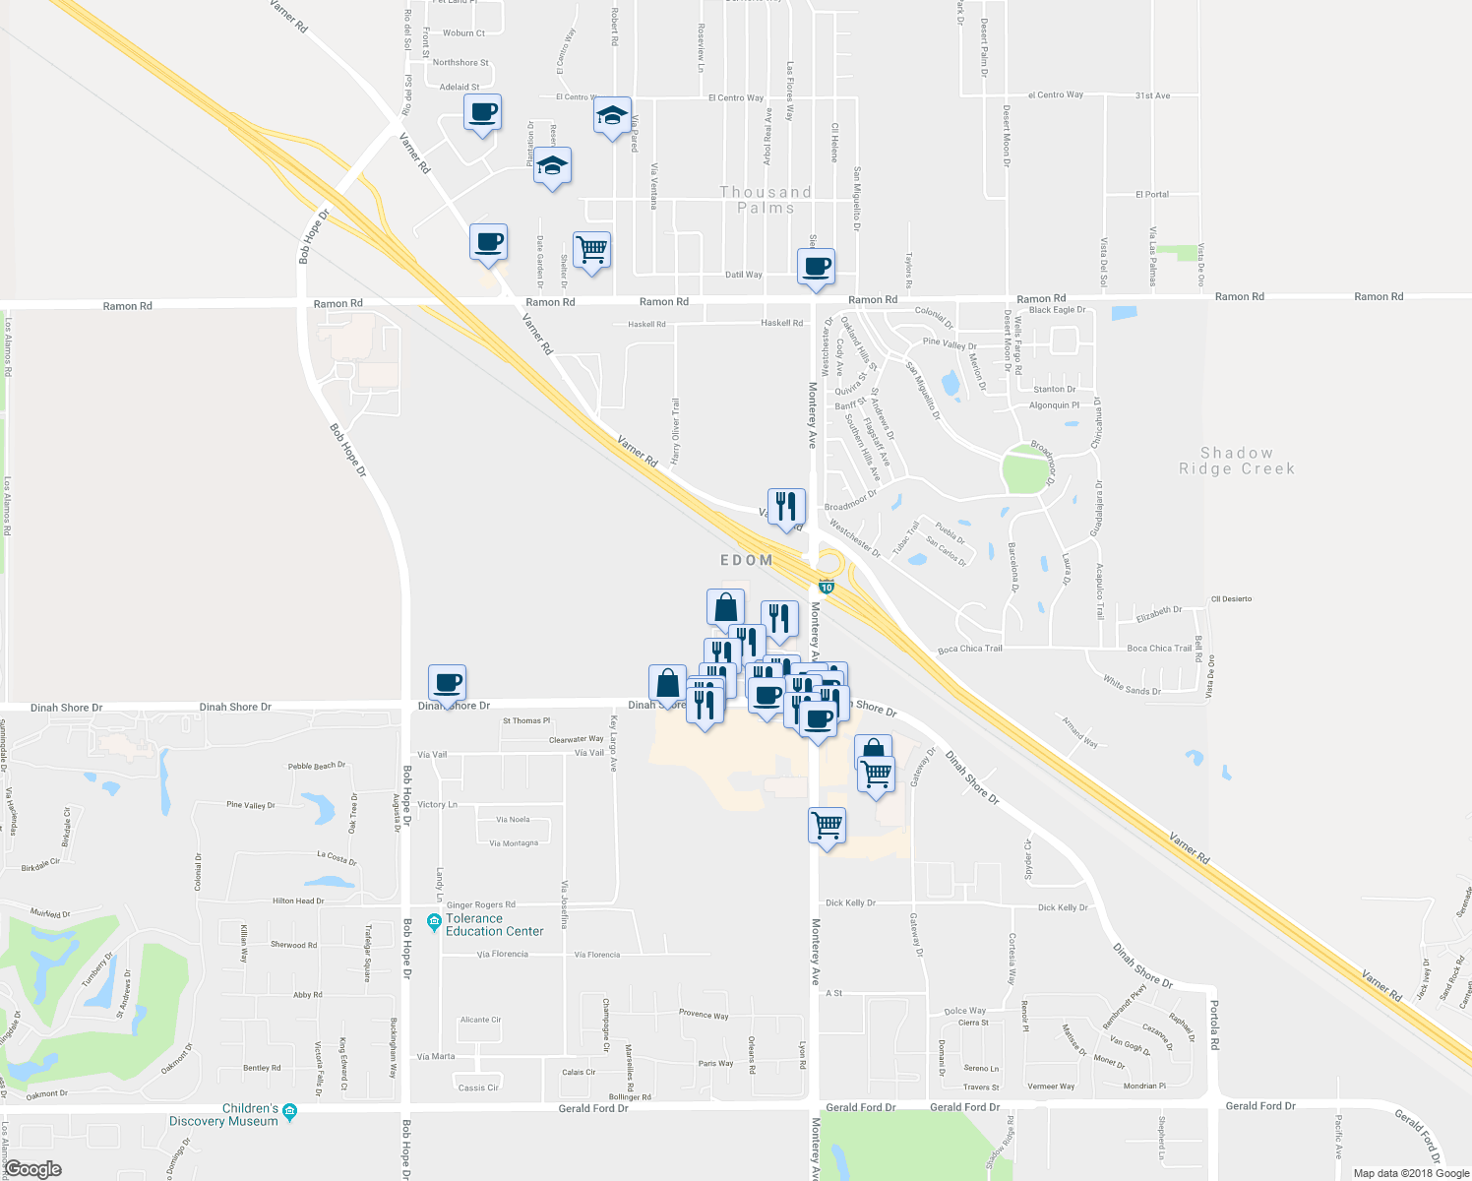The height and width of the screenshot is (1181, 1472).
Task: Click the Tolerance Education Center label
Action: (494, 924)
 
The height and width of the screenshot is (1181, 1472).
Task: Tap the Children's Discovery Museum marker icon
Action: (289, 1112)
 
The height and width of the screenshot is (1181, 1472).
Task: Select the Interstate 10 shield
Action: (827, 588)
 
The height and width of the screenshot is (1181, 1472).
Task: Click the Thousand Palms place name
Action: (766, 200)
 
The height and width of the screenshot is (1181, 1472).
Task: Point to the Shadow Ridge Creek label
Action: (1237, 461)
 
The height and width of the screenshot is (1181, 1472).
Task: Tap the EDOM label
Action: (747, 560)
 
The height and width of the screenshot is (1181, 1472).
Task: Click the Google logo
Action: (32, 1169)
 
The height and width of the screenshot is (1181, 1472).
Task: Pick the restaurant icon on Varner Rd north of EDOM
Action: (786, 506)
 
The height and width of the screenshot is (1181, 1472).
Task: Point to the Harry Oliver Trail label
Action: (675, 431)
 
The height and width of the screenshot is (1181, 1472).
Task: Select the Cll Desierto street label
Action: (1231, 598)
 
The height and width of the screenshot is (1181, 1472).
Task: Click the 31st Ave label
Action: (1152, 95)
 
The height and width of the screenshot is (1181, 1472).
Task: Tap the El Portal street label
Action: (1152, 194)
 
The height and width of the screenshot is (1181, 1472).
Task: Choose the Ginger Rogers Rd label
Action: (481, 904)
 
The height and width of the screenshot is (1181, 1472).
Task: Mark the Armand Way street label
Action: (1080, 732)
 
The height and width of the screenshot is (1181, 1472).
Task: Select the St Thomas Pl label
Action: (526, 720)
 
